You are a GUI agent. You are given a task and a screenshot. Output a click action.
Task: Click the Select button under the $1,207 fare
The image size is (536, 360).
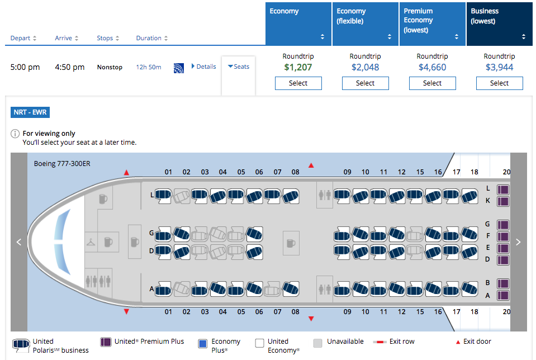click(298, 83)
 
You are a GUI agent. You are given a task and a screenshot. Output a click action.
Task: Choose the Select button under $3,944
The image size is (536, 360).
click(499, 83)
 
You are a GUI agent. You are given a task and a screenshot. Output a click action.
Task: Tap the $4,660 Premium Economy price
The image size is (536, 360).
click(432, 68)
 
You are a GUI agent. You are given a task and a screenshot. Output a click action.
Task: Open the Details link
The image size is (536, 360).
click(203, 67)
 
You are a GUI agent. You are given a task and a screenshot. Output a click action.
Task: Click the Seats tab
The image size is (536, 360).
click(239, 67)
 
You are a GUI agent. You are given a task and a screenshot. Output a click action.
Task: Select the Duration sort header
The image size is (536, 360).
click(151, 39)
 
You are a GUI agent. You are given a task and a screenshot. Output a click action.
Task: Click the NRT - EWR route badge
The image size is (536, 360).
click(31, 112)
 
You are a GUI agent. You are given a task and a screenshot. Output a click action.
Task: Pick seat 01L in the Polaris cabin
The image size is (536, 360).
click(163, 195)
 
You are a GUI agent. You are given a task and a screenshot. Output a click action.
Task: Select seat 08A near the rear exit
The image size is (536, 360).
click(290, 290)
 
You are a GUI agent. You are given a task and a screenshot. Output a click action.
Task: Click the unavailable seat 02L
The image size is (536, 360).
click(181, 195)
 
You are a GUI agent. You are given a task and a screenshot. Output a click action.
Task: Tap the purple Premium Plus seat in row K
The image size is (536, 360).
click(503, 201)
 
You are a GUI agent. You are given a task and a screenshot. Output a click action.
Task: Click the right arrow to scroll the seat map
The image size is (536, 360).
click(518, 242)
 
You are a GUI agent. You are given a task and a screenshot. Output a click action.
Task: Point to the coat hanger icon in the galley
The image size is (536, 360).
click(91, 242)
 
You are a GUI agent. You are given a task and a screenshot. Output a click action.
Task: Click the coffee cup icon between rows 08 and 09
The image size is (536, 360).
click(291, 243)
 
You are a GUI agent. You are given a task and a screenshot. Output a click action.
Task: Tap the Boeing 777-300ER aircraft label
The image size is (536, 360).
click(59, 164)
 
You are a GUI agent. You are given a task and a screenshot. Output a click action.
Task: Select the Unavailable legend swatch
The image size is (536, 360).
click(318, 343)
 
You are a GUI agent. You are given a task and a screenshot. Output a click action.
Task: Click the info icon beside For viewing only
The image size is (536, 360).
click(15, 134)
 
